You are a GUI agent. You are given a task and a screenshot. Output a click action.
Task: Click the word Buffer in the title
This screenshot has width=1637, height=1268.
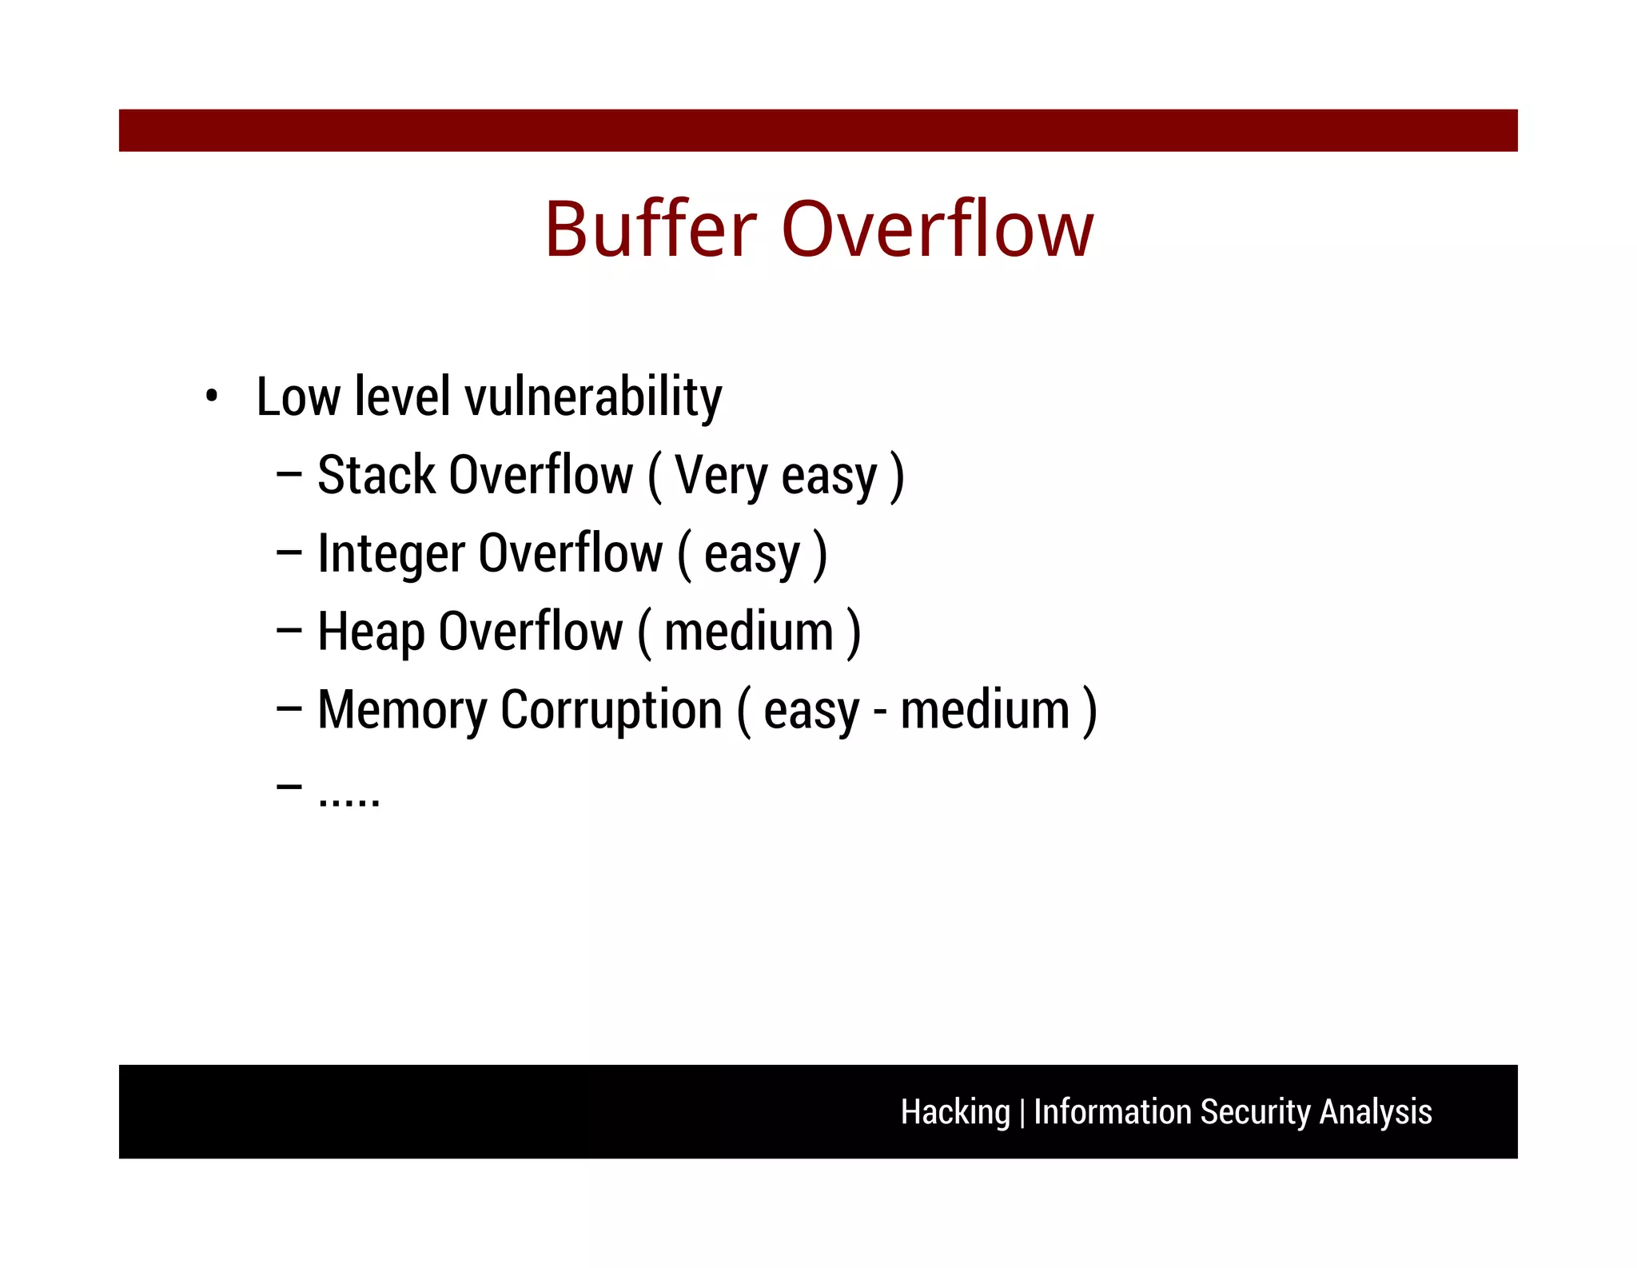point(650,230)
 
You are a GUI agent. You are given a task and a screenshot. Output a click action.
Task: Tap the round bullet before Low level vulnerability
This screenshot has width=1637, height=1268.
point(211,396)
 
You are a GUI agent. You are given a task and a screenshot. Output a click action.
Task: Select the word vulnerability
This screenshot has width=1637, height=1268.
point(593,397)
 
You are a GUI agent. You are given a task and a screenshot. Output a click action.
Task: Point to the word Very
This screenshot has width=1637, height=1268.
point(721,476)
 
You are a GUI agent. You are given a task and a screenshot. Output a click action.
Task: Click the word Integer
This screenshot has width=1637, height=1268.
point(391,554)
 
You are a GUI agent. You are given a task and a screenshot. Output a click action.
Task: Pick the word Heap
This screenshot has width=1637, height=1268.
point(370,632)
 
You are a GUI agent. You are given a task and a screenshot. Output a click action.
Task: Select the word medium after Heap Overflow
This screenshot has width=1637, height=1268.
point(749,632)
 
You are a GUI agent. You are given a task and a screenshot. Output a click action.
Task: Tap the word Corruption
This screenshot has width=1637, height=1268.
point(611,711)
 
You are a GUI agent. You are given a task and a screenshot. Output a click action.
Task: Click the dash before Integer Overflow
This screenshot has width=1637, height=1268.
point(289,552)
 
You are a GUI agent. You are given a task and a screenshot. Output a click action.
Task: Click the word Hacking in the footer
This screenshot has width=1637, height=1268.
point(955,1112)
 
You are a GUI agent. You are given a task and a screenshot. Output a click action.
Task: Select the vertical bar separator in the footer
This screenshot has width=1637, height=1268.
point(1022,1112)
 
